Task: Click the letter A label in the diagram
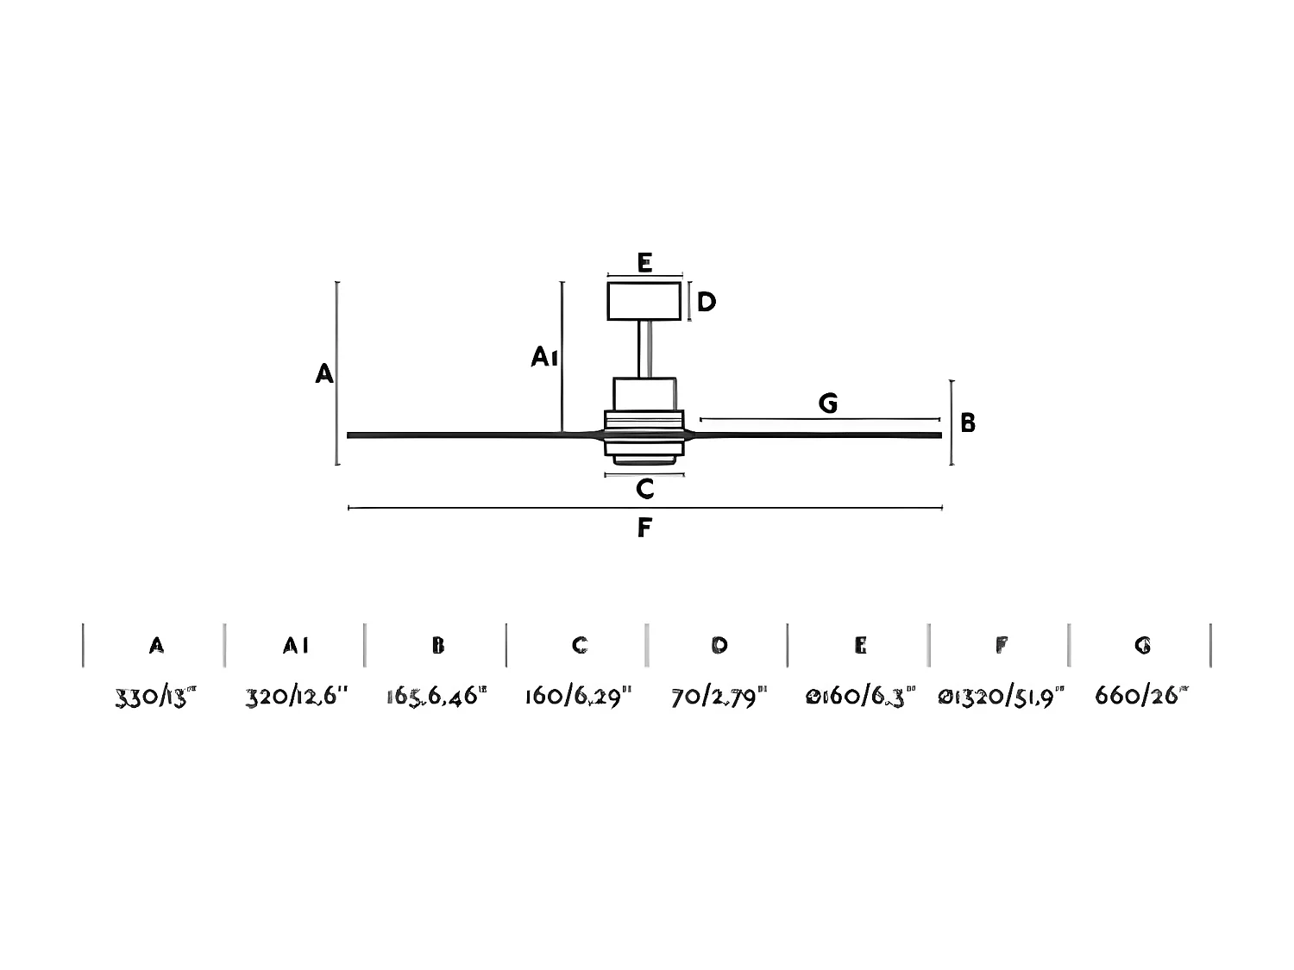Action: coord(324,373)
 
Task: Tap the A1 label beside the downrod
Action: coord(543,356)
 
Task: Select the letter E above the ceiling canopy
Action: coord(644,262)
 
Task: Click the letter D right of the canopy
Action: coord(706,303)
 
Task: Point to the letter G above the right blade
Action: coord(827,403)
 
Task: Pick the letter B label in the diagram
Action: coord(968,422)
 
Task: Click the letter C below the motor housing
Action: coord(644,490)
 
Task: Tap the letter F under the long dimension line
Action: coord(644,528)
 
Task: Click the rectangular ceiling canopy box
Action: coord(644,301)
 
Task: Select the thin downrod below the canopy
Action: coord(644,348)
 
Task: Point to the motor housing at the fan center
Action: coord(644,431)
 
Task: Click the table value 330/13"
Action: coord(156,696)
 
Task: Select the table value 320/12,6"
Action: coord(297,696)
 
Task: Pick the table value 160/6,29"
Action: coord(579,696)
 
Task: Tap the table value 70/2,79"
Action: coord(719,696)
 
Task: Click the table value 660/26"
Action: coord(1141,696)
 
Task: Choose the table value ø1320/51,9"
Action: coord(1001,696)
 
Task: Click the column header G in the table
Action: coord(1142,645)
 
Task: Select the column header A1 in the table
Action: coord(296,645)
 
